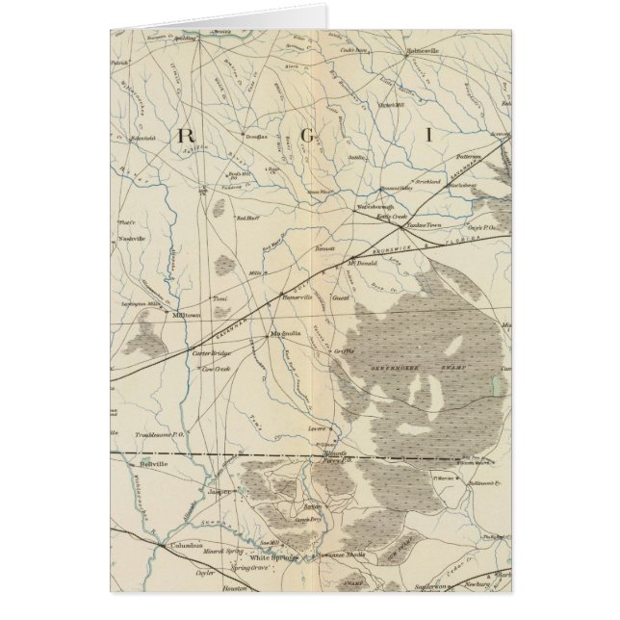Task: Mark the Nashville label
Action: click(131, 237)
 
